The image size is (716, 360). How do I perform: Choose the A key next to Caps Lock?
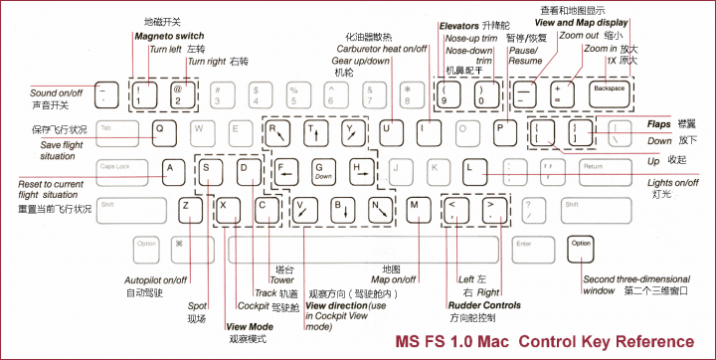170,169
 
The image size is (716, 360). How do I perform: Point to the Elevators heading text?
459,23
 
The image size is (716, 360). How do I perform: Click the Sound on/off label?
57,92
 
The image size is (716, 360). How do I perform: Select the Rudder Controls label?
484,305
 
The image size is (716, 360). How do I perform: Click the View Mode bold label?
250,326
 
